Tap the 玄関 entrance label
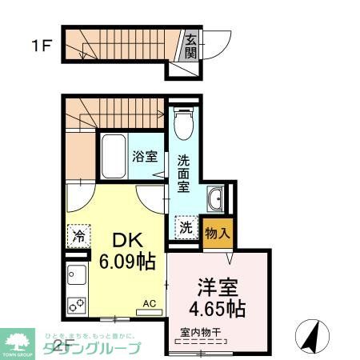[x=191, y=46]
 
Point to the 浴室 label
[x=146, y=157]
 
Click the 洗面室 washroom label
[x=182, y=171]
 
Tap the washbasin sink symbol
[x=214, y=198]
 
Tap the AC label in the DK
[x=149, y=303]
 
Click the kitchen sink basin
[x=78, y=277]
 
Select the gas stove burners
[x=78, y=304]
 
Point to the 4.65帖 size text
[x=218, y=307]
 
